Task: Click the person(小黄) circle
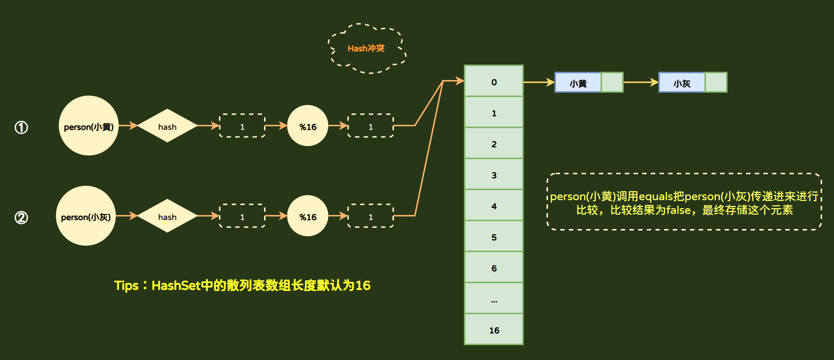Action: pos(89,126)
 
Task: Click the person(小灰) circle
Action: pos(86,216)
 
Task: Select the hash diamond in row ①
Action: pos(167,126)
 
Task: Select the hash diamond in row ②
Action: pos(167,216)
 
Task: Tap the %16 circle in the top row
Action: pos(308,126)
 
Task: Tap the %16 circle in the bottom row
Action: pos(308,216)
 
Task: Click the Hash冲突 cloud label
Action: pos(366,48)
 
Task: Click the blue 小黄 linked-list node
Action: pos(578,83)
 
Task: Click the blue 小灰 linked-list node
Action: pos(682,83)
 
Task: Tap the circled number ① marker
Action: pos(21,127)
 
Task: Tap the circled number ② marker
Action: pos(21,218)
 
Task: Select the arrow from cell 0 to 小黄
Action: pos(539,82)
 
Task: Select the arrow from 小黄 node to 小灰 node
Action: pos(641,82)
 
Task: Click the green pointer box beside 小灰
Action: pos(716,83)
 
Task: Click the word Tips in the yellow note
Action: pos(126,286)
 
